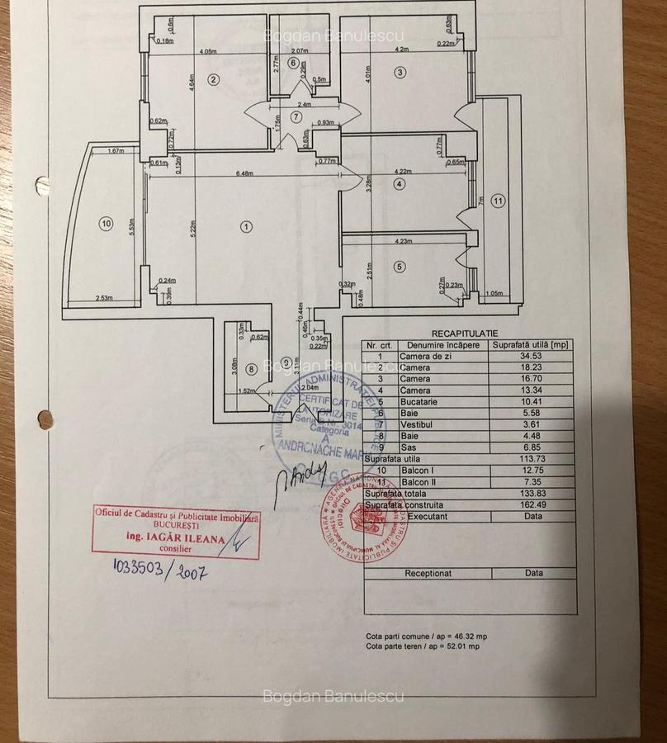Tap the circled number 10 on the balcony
click(x=105, y=223)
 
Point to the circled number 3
click(x=400, y=73)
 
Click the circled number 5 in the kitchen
click(x=400, y=267)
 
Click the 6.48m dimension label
click(x=244, y=173)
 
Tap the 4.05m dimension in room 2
click(x=208, y=51)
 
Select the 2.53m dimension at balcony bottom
click(x=104, y=298)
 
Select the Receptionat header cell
click(x=428, y=572)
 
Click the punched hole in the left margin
click(x=45, y=419)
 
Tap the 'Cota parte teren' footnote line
click(x=423, y=646)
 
